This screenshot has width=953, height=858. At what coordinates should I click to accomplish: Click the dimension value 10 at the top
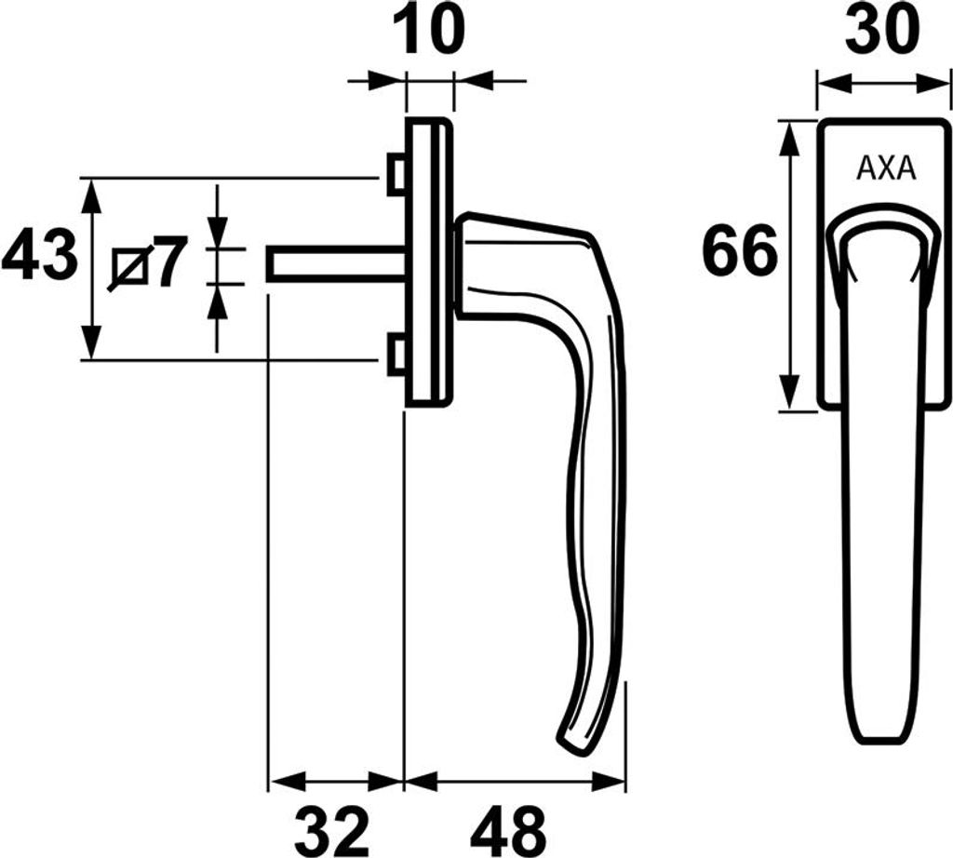429,29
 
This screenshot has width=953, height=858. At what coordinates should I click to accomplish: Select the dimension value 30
882,29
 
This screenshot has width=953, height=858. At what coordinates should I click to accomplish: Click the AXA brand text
886,169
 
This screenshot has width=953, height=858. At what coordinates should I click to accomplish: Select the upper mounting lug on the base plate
396,175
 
